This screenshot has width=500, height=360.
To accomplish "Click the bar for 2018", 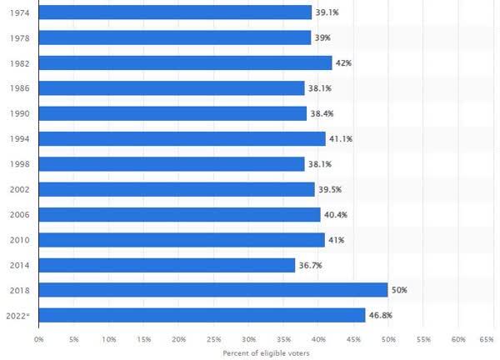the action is point(213,290).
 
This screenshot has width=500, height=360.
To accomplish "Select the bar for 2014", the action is point(167,265).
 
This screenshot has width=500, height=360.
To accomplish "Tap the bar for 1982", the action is point(185,62).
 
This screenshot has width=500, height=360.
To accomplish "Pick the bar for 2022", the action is point(202,315).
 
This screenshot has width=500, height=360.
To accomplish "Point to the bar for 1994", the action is point(182,138).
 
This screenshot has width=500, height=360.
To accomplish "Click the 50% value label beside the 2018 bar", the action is point(399,290).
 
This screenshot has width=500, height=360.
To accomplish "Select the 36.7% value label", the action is point(310,265).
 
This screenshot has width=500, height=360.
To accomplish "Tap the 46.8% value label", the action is point(381,315).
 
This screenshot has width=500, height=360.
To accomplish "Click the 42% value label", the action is point(343,63).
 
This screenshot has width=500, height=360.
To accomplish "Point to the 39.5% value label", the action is point(330,189).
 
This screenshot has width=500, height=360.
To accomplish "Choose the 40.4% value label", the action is point(336,215).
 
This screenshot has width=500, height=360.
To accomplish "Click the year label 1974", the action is point(19,13).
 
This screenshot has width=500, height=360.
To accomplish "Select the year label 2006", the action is point(19,215).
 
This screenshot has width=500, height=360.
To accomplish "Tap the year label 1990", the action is point(19,114).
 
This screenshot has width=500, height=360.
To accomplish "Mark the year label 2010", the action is point(19,240).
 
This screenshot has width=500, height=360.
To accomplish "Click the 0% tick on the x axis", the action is point(39,340).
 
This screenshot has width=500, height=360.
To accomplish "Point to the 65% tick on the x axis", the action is point(487,340).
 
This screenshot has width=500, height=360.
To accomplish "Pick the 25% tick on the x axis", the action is point(213,340).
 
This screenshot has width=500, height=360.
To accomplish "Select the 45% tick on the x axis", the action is point(353,340).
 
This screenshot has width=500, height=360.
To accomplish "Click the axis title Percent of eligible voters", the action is point(266,353).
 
